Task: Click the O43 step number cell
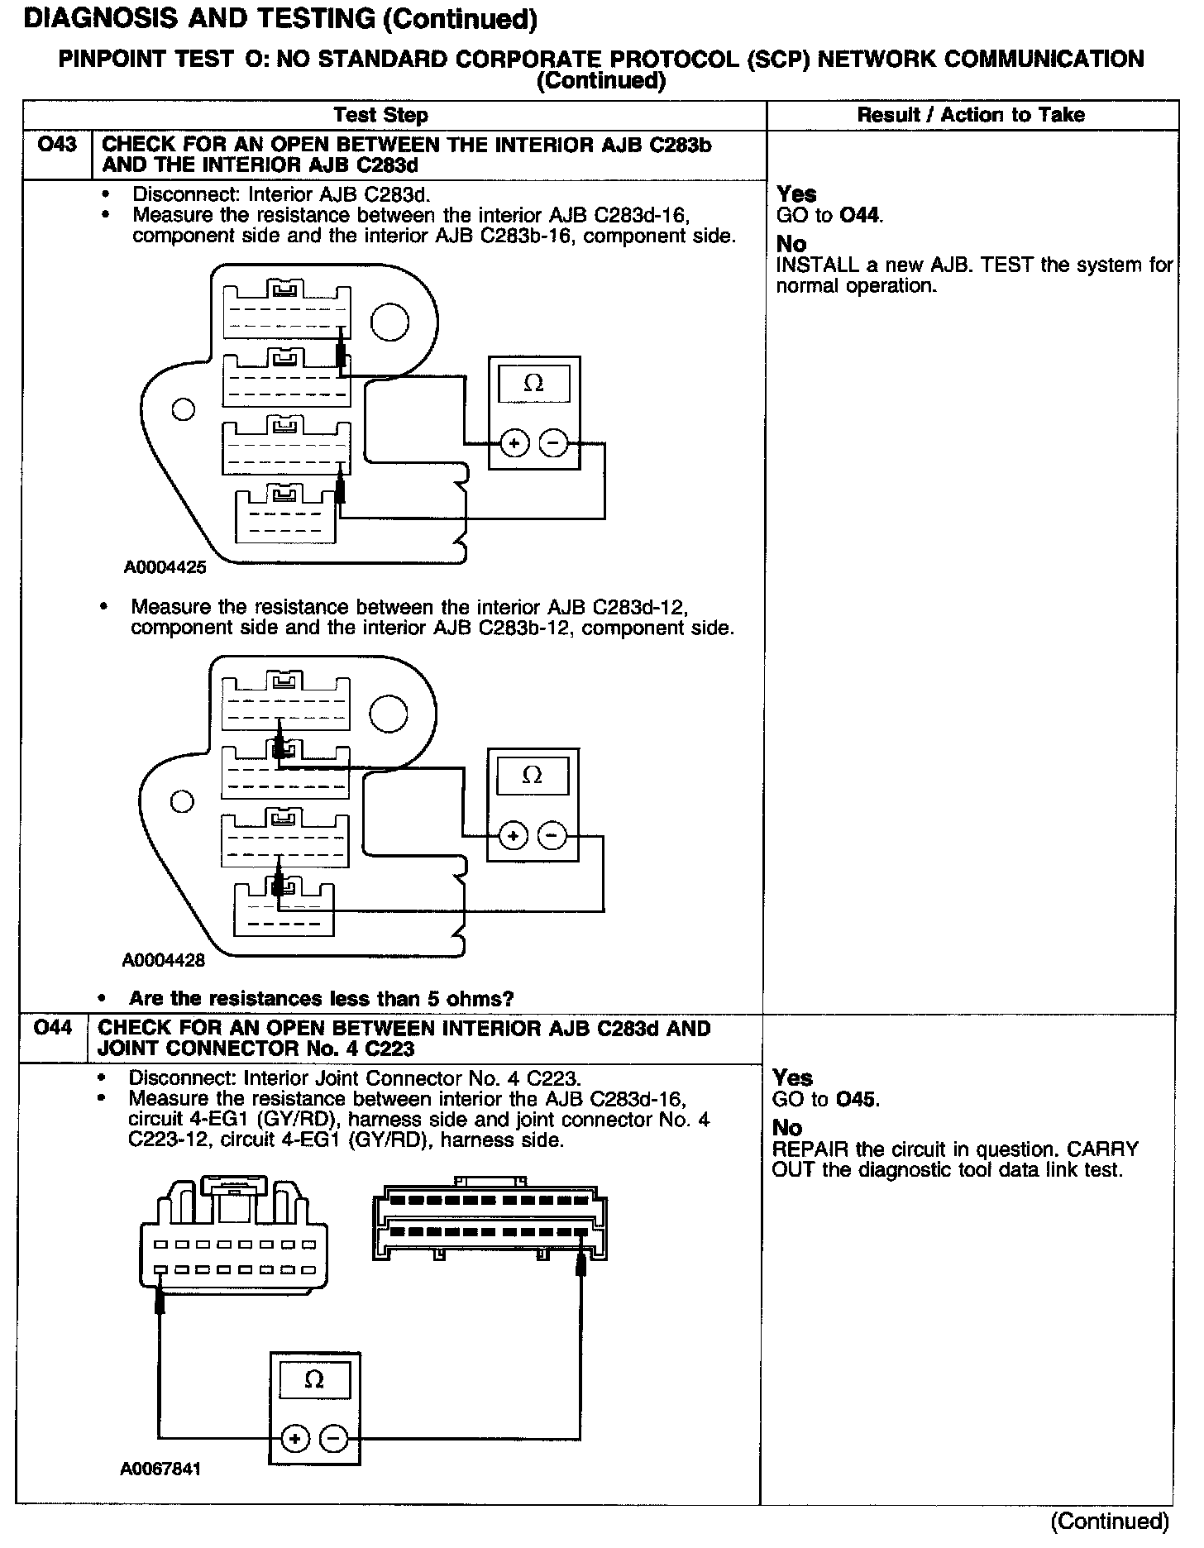(x=57, y=146)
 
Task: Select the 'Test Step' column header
(x=380, y=115)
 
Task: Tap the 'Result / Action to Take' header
(x=971, y=115)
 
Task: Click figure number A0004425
(x=165, y=568)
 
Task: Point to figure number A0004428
(x=164, y=960)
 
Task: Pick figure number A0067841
(x=160, y=1469)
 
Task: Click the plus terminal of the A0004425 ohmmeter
(x=514, y=444)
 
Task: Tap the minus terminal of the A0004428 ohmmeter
(x=552, y=836)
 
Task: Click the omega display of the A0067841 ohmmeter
(x=314, y=1380)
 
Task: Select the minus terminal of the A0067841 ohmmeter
(x=333, y=1439)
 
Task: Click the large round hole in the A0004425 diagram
(x=389, y=322)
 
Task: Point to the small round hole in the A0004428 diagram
(x=182, y=801)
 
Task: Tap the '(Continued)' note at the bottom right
(x=1110, y=1521)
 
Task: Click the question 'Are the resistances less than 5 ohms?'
(x=321, y=998)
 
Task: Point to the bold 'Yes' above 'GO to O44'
(x=796, y=194)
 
